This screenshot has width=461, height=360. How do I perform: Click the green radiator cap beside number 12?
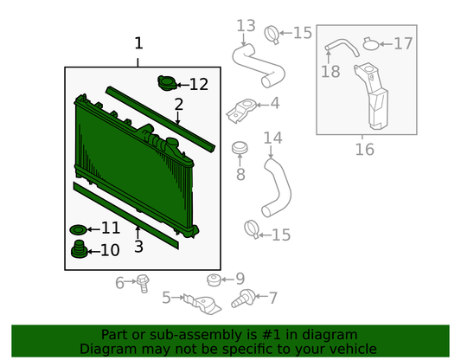click(167, 83)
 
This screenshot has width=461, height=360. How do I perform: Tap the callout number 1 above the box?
click(138, 43)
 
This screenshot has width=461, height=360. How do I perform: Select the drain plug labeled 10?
click(79, 249)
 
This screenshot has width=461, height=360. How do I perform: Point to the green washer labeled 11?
click(78, 229)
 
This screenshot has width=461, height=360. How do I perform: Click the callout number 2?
click(179, 105)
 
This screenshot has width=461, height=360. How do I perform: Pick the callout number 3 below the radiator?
click(138, 247)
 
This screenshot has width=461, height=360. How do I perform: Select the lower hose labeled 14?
click(277, 188)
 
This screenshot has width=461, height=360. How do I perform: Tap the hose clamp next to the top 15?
click(272, 35)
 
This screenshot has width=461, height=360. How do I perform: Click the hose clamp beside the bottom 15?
click(253, 229)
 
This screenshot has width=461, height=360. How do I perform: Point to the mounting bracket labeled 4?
click(241, 110)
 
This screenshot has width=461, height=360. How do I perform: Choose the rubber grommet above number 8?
click(240, 148)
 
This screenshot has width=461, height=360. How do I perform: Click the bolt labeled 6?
click(143, 283)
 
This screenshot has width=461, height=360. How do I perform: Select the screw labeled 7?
click(243, 299)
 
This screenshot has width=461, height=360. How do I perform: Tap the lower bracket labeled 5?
click(202, 304)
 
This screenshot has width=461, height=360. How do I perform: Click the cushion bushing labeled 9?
click(214, 280)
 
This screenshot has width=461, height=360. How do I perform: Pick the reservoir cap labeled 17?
click(371, 44)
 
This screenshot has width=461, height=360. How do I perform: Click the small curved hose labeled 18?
click(342, 47)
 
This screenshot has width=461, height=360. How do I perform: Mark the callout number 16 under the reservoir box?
click(365, 149)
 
